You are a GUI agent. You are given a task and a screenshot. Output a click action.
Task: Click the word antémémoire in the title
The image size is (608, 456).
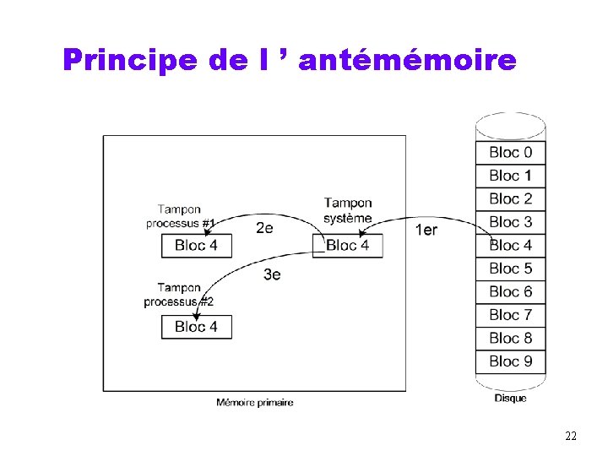coord(406,61)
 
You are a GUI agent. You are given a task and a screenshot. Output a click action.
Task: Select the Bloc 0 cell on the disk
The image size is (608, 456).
coord(510,153)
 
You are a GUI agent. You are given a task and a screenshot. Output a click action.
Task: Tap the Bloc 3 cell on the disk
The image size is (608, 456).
coord(510,222)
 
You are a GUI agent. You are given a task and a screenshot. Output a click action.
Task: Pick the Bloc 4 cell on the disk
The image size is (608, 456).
coord(510,246)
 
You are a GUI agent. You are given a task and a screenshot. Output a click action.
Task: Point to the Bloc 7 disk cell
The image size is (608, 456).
coord(510,315)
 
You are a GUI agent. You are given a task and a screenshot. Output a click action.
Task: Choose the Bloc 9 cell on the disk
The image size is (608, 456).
coord(510,361)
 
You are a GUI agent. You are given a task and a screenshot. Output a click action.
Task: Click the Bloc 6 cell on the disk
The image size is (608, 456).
coord(510,292)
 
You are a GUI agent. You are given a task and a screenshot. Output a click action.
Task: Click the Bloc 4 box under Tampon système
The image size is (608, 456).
coord(347,246)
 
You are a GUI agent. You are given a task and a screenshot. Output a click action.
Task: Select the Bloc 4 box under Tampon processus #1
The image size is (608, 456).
coord(196,246)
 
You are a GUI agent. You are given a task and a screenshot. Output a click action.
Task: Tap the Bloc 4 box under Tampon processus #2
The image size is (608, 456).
coord(196,327)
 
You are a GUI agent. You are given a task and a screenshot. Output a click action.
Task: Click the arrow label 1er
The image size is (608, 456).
coord(426,230)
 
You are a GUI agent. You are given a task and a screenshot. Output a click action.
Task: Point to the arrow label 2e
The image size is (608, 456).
coord(264,228)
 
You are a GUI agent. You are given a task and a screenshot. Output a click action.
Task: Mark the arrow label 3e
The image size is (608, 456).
coord(272,274)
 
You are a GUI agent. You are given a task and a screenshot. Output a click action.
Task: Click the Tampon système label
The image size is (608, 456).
coord(348,210)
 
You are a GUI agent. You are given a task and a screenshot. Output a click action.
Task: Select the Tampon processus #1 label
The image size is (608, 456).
coord(180,216)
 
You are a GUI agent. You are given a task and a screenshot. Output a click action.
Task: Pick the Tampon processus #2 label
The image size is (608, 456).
coord(179,295)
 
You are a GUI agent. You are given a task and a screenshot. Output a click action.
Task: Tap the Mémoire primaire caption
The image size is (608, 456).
coord(255,403)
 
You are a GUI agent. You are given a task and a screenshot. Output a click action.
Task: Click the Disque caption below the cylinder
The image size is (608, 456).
coord(510,398)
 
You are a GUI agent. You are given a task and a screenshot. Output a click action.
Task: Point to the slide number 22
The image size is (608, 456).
coord(571,436)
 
